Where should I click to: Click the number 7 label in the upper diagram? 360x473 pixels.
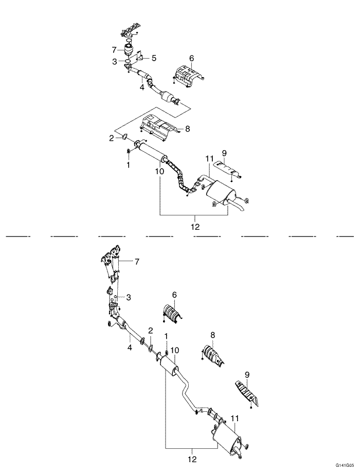click(x=114, y=50)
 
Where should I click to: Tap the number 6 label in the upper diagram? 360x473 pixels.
click(x=191, y=58)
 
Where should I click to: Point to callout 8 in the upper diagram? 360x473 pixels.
click(x=187, y=129)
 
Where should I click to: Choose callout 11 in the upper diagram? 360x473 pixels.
click(x=209, y=158)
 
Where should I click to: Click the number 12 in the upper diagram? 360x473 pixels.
click(x=195, y=226)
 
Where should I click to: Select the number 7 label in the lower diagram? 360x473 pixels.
click(x=137, y=262)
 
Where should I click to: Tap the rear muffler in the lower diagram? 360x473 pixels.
click(x=226, y=440)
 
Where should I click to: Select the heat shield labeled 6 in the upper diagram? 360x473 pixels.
click(x=188, y=74)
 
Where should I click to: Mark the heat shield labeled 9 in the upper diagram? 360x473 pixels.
click(x=227, y=169)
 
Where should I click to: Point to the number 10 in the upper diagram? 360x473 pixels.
click(x=159, y=171)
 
